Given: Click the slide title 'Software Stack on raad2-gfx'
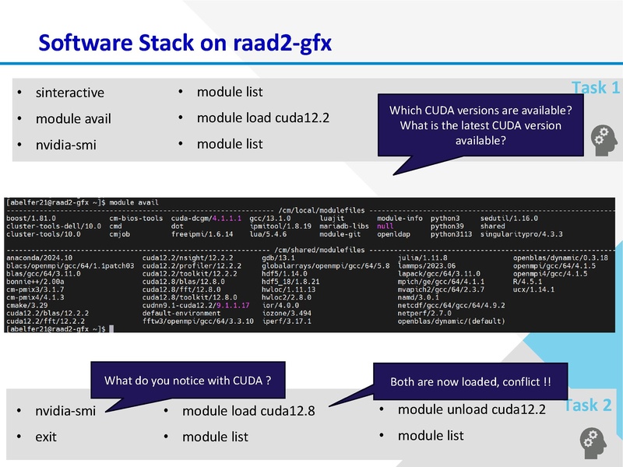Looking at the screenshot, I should tap(185, 42).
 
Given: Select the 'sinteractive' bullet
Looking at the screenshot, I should tap(69, 93).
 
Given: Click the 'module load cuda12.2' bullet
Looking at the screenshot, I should tap(262, 118).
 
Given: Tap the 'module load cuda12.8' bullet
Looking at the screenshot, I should tap(248, 411).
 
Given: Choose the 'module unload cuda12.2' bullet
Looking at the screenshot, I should tap(472, 409).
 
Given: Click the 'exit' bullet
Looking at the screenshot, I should tap(45, 437).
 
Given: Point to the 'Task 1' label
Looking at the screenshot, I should tap(596, 88).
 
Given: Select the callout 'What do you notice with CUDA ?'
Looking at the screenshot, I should tap(188, 381).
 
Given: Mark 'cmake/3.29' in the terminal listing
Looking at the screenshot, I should tap(25, 305).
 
